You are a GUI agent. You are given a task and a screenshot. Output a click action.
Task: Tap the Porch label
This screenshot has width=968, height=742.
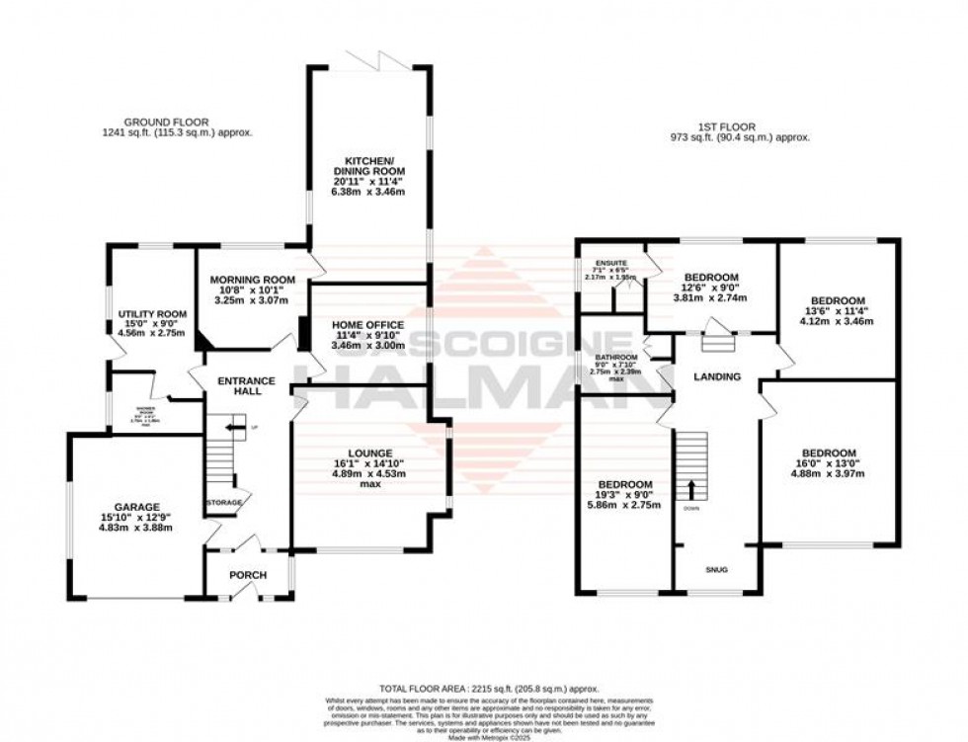pyautogui.click(x=241, y=575)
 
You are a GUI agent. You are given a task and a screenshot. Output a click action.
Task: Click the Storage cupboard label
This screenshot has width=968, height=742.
pyautogui.click(x=224, y=503)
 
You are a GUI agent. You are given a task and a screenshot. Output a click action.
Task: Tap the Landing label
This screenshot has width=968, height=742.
pyautogui.click(x=717, y=375)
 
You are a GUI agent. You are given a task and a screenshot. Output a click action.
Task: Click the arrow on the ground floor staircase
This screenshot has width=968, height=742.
pyautogui.click(x=233, y=427)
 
